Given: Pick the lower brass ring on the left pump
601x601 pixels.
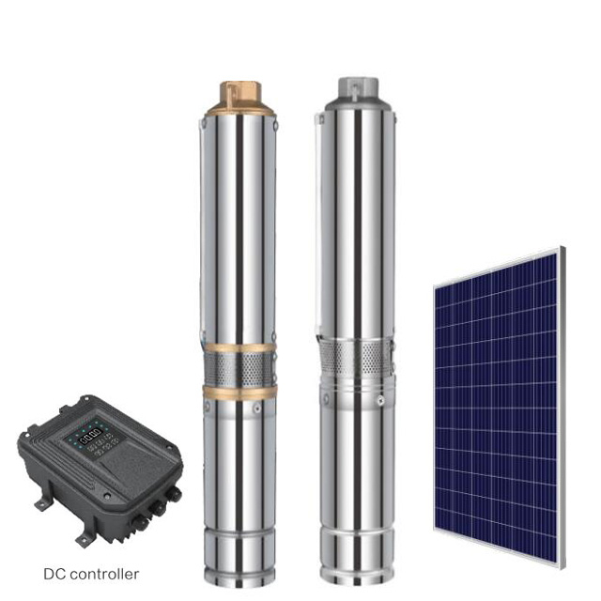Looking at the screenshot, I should [x=239, y=390].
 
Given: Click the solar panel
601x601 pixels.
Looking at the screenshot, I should [x=498, y=404].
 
